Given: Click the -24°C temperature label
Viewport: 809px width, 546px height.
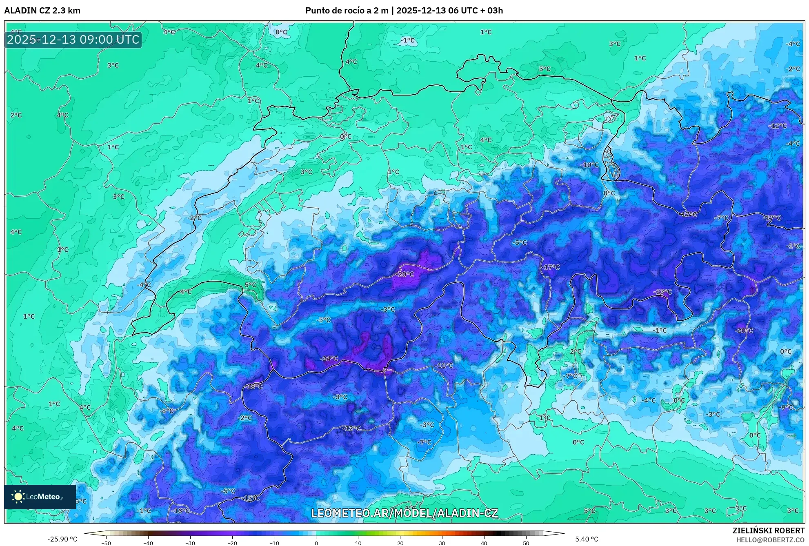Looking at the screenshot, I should (x=329, y=359).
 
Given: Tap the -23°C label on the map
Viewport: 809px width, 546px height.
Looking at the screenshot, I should (x=662, y=292).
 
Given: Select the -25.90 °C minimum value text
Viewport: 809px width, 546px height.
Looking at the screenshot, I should (x=62, y=539).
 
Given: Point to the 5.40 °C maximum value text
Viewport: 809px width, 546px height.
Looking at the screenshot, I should (x=587, y=539).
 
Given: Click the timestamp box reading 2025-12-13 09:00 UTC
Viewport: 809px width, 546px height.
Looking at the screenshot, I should (x=73, y=40).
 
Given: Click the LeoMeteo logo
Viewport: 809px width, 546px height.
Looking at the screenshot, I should (x=40, y=497).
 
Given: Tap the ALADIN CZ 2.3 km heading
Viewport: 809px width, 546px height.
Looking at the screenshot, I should (x=42, y=11).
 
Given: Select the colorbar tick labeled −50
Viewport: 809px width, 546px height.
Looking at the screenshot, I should (x=106, y=543).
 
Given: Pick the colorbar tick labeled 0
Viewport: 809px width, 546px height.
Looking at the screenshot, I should (x=316, y=543).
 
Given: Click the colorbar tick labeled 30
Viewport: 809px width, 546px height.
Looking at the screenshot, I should (x=442, y=543).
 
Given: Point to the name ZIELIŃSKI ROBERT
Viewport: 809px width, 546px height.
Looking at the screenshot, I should (x=768, y=530).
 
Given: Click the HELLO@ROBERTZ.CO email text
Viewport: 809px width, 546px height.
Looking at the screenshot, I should (x=770, y=540).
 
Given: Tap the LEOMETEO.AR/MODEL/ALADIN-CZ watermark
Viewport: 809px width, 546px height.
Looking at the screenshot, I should (x=404, y=513).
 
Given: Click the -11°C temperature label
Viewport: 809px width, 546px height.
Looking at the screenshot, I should (x=444, y=365).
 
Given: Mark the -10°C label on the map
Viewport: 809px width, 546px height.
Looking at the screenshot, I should (x=590, y=165).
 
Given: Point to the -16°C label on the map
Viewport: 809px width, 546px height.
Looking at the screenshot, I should (x=180, y=510).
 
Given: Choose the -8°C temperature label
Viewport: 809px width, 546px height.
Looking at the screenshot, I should (x=167, y=411).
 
